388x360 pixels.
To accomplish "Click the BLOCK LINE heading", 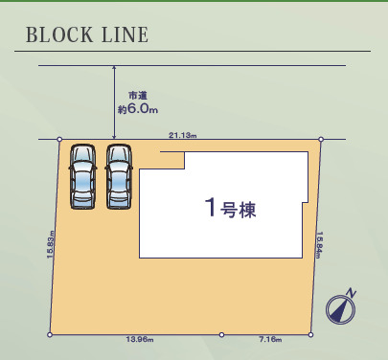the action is [87, 36].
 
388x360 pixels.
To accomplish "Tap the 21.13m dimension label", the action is [182, 135].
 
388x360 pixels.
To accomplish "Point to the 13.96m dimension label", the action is [139, 340].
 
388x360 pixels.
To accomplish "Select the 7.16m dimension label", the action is [268, 340].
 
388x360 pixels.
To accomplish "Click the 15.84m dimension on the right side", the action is [321, 246].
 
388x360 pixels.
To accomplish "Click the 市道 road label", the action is [138, 96].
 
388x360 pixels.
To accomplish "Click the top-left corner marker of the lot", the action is [59, 140].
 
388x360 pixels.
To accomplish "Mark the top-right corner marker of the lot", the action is [320, 140].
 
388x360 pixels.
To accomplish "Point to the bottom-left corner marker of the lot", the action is [50, 334].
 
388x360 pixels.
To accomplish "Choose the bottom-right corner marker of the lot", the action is [310, 334].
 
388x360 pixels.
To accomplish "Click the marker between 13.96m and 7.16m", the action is [222, 334].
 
